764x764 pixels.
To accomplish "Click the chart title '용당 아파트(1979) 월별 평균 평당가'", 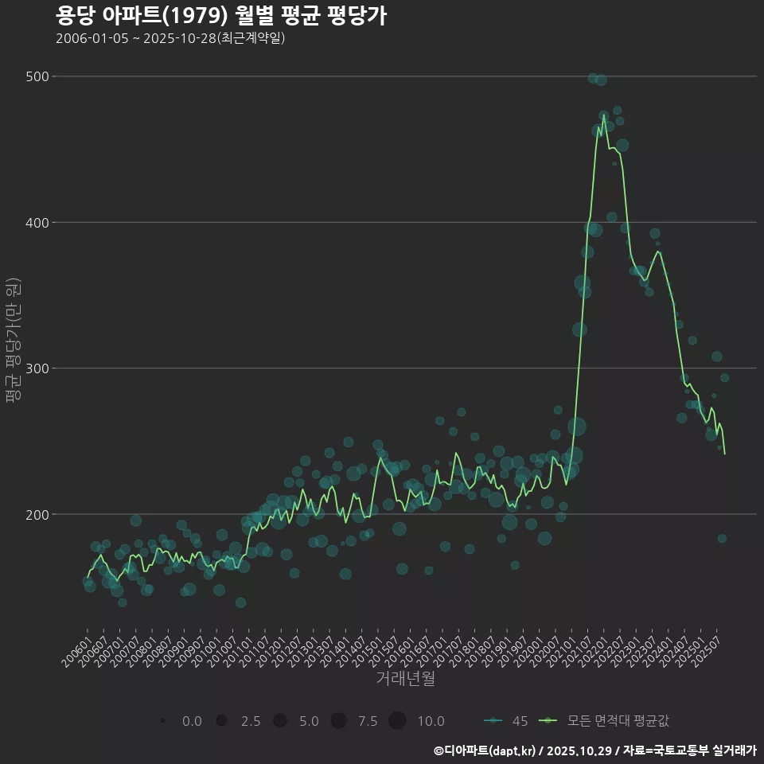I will [x=221, y=15].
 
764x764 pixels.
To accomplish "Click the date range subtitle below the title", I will [x=170, y=38].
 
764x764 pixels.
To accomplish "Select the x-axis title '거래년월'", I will [x=406, y=679].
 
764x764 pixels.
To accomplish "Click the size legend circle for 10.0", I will [x=397, y=721].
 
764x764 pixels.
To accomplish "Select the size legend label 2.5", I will [x=251, y=721].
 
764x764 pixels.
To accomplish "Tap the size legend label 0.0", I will [x=192, y=721].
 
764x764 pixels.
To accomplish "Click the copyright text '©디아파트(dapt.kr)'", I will [x=485, y=750].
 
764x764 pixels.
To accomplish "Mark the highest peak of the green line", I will [x=604, y=115].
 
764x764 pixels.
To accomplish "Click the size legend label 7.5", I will [x=368, y=721].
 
